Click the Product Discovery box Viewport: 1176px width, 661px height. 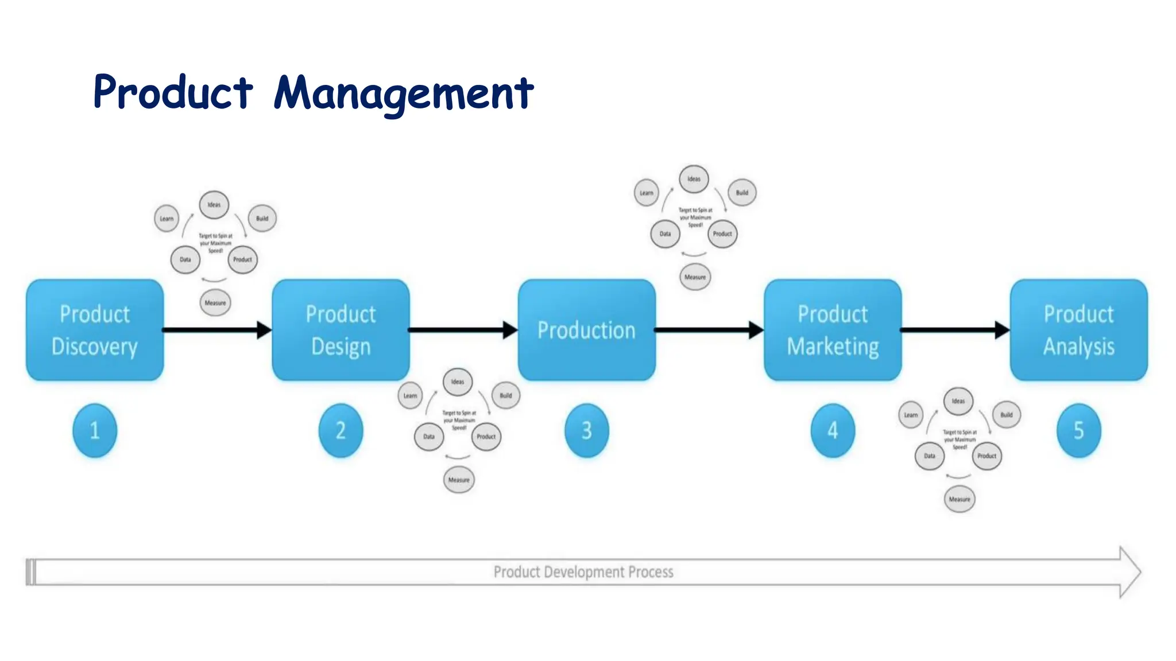tap(95, 330)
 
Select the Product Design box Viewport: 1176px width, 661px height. tap(341, 330)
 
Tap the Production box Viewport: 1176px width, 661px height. tap(586, 330)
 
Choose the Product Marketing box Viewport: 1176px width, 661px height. tap(833, 330)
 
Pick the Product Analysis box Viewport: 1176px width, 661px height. tap(1078, 330)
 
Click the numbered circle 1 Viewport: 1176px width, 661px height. tap(95, 430)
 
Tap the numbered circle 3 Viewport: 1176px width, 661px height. tap(586, 430)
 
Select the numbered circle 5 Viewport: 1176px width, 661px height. tap(1078, 430)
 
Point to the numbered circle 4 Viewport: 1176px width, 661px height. tap(833, 430)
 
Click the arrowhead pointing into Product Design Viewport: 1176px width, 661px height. tap(264, 330)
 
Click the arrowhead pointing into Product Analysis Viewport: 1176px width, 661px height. tap(1002, 330)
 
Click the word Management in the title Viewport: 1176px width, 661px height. tap(404, 93)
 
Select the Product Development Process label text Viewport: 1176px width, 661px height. tap(583, 572)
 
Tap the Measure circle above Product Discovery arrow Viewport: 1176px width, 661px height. tap(215, 303)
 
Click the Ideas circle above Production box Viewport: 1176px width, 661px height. tap(694, 179)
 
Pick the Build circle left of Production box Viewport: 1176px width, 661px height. tap(505, 395)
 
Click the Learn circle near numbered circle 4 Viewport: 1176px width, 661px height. tap(911, 415)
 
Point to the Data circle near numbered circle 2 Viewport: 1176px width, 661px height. tap(429, 437)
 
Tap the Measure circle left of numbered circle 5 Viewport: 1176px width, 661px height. tap(960, 499)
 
